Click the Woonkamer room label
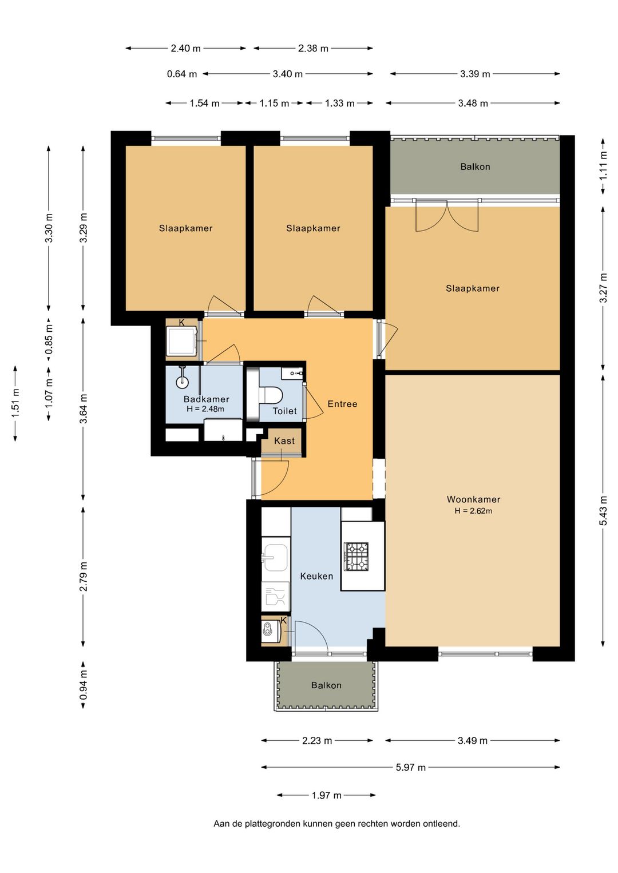[x=473, y=499]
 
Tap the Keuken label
[x=316, y=576]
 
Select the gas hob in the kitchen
[x=355, y=557]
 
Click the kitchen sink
[x=275, y=558]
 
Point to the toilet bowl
[x=270, y=394]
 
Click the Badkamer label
[x=206, y=399]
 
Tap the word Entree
[x=342, y=404]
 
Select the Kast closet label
[x=284, y=441]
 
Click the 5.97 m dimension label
[x=411, y=767]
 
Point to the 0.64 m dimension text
[x=182, y=74]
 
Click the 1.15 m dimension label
[x=275, y=104]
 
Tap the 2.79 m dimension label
[x=84, y=577]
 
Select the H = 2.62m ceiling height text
[x=473, y=511]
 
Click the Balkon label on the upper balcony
[x=475, y=167]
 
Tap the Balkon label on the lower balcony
[x=326, y=685]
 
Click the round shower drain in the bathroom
[x=182, y=382]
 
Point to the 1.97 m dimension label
[x=326, y=795]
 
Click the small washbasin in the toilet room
[x=292, y=373]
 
